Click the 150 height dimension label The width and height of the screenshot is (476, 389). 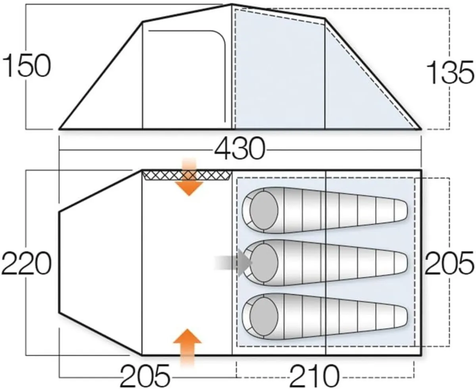pyautogui.click(x=27, y=66)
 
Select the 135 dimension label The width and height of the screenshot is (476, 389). pyautogui.click(x=450, y=73)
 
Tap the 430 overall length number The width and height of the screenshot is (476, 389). pyautogui.click(x=240, y=149)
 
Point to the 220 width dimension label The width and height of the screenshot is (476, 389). pyautogui.click(x=27, y=264)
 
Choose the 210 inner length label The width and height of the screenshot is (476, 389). pyautogui.click(x=315, y=375)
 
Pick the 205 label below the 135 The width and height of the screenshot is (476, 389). pyautogui.click(x=449, y=263)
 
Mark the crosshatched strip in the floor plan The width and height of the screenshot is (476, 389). pyautogui.click(x=186, y=175)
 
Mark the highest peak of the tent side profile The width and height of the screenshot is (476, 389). pyautogui.click(x=232, y=5)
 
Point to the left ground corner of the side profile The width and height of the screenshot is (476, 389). pyautogui.click(x=59, y=129)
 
